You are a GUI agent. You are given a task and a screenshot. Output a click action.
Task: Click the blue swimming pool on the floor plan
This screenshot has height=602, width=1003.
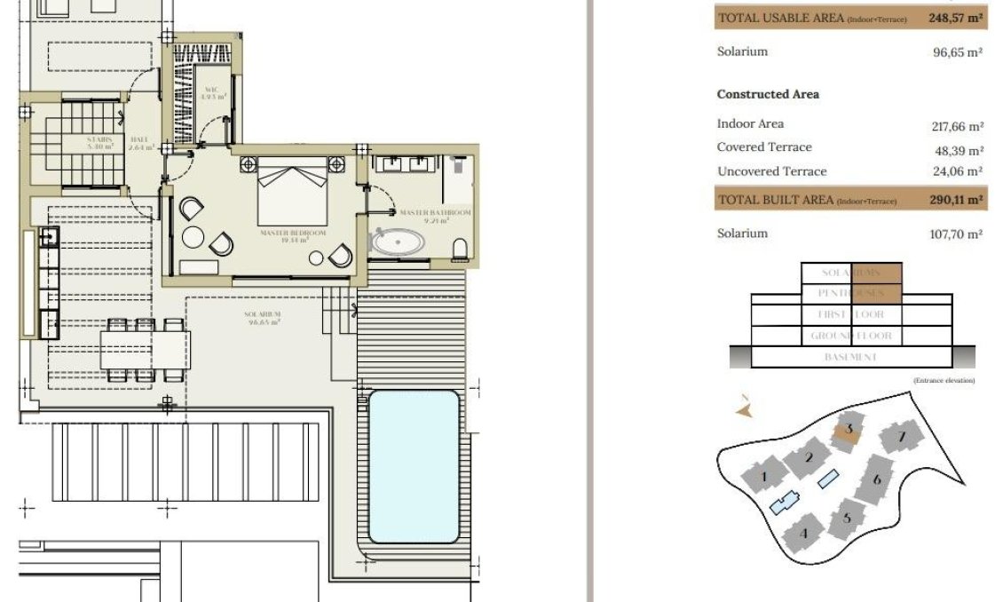tap(414, 466)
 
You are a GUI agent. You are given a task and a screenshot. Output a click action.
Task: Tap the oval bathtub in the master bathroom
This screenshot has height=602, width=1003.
tap(397, 242)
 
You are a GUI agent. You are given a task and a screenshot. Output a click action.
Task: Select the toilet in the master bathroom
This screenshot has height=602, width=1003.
tap(460, 249)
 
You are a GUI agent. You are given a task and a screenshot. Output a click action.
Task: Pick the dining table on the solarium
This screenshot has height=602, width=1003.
tap(145, 350)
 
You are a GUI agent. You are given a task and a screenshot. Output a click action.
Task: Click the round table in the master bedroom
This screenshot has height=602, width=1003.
tap(193, 237)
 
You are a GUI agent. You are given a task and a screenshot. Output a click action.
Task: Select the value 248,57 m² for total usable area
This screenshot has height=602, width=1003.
tap(956, 18)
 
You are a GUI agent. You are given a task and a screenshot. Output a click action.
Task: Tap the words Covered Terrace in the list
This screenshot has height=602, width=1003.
tap(764, 147)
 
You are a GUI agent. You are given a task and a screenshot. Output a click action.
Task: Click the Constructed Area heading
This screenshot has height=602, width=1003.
tap(768, 94)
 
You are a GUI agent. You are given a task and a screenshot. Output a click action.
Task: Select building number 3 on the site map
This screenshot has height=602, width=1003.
tap(849, 431)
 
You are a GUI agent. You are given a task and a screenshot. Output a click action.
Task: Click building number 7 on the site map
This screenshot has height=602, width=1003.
tap(901, 437)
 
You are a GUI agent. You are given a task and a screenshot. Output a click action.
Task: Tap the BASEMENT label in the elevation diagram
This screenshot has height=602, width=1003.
tap(850, 357)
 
